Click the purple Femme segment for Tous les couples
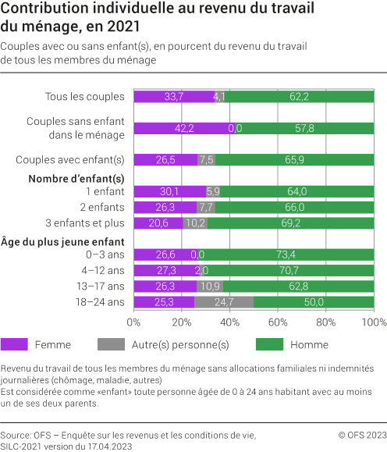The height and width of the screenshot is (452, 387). click(173, 97)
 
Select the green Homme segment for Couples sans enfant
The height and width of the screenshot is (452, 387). click(304, 128)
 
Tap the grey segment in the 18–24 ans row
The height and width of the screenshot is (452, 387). click(224, 302)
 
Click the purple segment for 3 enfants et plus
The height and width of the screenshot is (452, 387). click(158, 222)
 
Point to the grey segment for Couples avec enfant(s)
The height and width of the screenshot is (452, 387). click(206, 159)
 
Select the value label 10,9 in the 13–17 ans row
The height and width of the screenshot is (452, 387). click(210, 287)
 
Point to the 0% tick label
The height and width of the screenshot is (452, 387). click(133, 322)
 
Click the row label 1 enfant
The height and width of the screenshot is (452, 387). click(105, 191)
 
